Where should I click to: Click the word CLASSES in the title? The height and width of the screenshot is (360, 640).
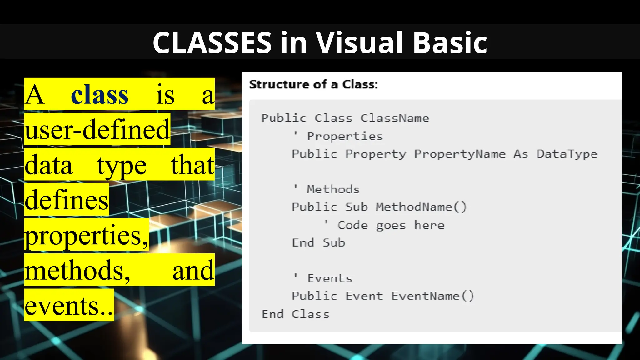click(212, 42)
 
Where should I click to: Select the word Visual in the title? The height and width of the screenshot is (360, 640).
click(359, 42)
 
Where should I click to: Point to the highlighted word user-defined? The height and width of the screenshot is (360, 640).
click(97, 130)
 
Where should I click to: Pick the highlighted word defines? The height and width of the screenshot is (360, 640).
click(67, 200)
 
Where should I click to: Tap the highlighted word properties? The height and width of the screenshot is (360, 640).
click(87, 235)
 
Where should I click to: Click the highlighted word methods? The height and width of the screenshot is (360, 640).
click(77, 270)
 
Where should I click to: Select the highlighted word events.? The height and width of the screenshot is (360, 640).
click(69, 306)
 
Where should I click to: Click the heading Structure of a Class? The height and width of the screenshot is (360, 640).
click(313, 84)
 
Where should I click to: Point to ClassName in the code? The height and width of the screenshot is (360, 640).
click(395, 118)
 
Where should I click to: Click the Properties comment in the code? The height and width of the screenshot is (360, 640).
click(345, 136)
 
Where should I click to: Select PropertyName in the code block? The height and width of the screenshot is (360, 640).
click(460, 154)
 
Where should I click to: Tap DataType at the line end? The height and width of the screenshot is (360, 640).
click(567, 154)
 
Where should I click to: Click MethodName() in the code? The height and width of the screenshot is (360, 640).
click(421, 207)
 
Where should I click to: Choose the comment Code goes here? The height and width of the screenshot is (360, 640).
click(391, 225)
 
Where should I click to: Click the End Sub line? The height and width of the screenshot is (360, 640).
click(318, 243)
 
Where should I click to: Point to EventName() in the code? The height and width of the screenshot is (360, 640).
click(433, 296)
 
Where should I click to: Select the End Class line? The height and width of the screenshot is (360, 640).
click(295, 314)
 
